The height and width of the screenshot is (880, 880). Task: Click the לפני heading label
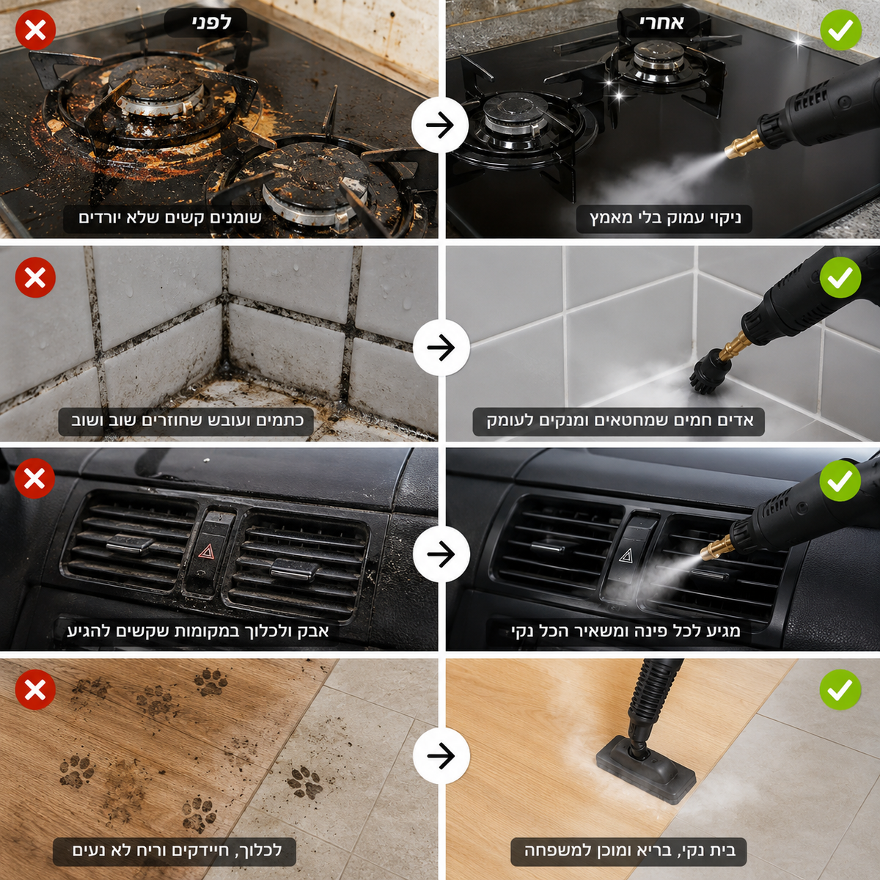click(205, 23)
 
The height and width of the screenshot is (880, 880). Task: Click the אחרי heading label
click(658, 23)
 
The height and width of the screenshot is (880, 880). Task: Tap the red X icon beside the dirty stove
click(36, 30)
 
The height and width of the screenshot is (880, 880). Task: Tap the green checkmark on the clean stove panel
click(840, 29)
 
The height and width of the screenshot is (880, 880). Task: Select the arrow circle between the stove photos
click(440, 125)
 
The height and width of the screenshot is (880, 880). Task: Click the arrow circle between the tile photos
click(441, 348)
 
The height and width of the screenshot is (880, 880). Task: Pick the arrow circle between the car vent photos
click(441, 554)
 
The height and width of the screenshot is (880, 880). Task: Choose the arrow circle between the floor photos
click(441, 756)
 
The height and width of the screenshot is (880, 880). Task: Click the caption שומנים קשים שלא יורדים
click(170, 217)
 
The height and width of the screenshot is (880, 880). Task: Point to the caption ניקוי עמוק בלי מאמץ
click(664, 218)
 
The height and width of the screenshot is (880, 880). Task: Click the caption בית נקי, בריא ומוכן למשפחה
click(630, 851)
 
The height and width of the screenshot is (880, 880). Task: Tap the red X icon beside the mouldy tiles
click(36, 277)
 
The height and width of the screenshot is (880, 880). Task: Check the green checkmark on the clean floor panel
click(840, 689)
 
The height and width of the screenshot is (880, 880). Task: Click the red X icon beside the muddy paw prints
click(36, 689)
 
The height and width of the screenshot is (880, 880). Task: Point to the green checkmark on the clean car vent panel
click(840, 480)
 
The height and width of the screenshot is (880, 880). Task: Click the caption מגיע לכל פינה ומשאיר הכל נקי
click(626, 631)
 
